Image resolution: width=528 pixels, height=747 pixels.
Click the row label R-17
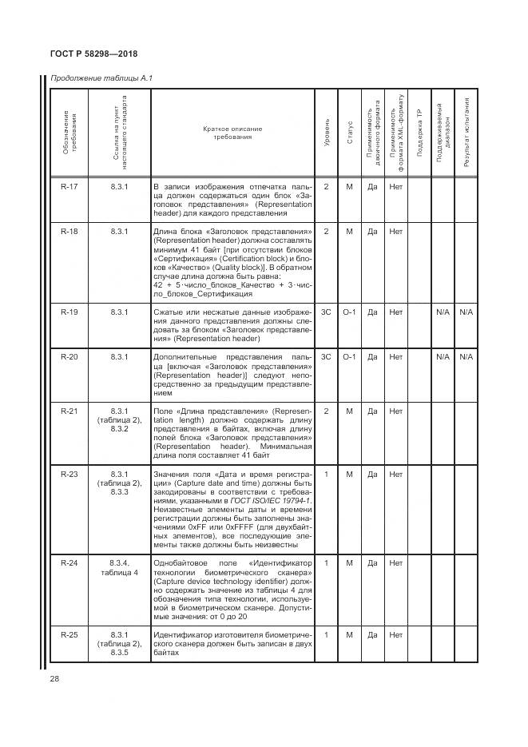coord(69,187)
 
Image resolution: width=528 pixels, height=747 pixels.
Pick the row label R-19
coord(69,311)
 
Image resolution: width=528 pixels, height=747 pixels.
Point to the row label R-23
coord(69,474)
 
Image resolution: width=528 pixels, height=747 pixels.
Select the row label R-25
coord(69,634)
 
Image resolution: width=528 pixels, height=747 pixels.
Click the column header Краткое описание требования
coord(232,133)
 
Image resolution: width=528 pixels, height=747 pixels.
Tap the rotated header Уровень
coord(326,134)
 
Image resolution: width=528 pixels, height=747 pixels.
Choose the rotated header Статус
coord(349,134)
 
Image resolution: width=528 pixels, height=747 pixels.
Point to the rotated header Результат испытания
coord(466,131)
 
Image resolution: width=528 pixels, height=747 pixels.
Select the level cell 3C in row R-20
coord(326,356)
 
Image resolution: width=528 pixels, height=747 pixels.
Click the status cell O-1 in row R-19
coord(349,311)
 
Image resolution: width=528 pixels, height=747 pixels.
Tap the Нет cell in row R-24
coord(395,562)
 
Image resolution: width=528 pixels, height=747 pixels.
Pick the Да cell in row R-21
coord(372,411)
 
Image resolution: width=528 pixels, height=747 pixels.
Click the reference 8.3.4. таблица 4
coord(119,567)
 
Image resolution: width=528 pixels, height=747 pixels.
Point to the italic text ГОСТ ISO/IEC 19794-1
coord(272,501)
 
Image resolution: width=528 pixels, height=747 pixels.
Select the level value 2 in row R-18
coord(326,231)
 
